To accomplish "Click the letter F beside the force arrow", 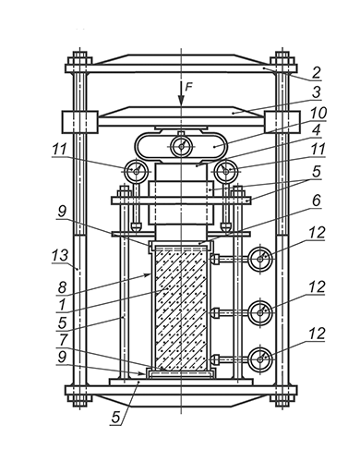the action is [188, 87].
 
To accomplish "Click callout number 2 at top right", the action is [316, 73].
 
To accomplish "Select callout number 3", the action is [316, 92].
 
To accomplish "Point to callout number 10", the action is [318, 113].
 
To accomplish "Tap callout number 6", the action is [316, 201].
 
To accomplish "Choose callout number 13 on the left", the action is [60, 255].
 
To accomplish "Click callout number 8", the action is [62, 287].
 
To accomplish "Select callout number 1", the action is [62, 305].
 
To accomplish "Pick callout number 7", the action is [63, 339].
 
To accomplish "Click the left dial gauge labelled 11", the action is [136, 170].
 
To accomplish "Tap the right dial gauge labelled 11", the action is [226, 170].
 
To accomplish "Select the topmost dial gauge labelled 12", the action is [260, 259].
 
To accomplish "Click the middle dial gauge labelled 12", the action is [260, 313].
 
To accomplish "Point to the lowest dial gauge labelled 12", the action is [260, 359].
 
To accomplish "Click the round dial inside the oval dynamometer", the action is [182, 146].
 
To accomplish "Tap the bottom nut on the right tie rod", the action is [282, 400].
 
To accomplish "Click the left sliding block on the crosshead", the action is [80, 122].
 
